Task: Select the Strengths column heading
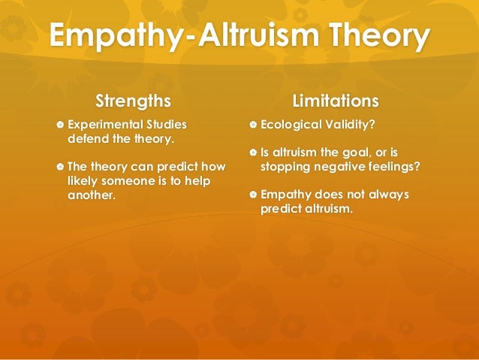click(133, 101)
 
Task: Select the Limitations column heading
click(335, 101)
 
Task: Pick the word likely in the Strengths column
click(84, 181)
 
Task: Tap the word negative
click(336, 167)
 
